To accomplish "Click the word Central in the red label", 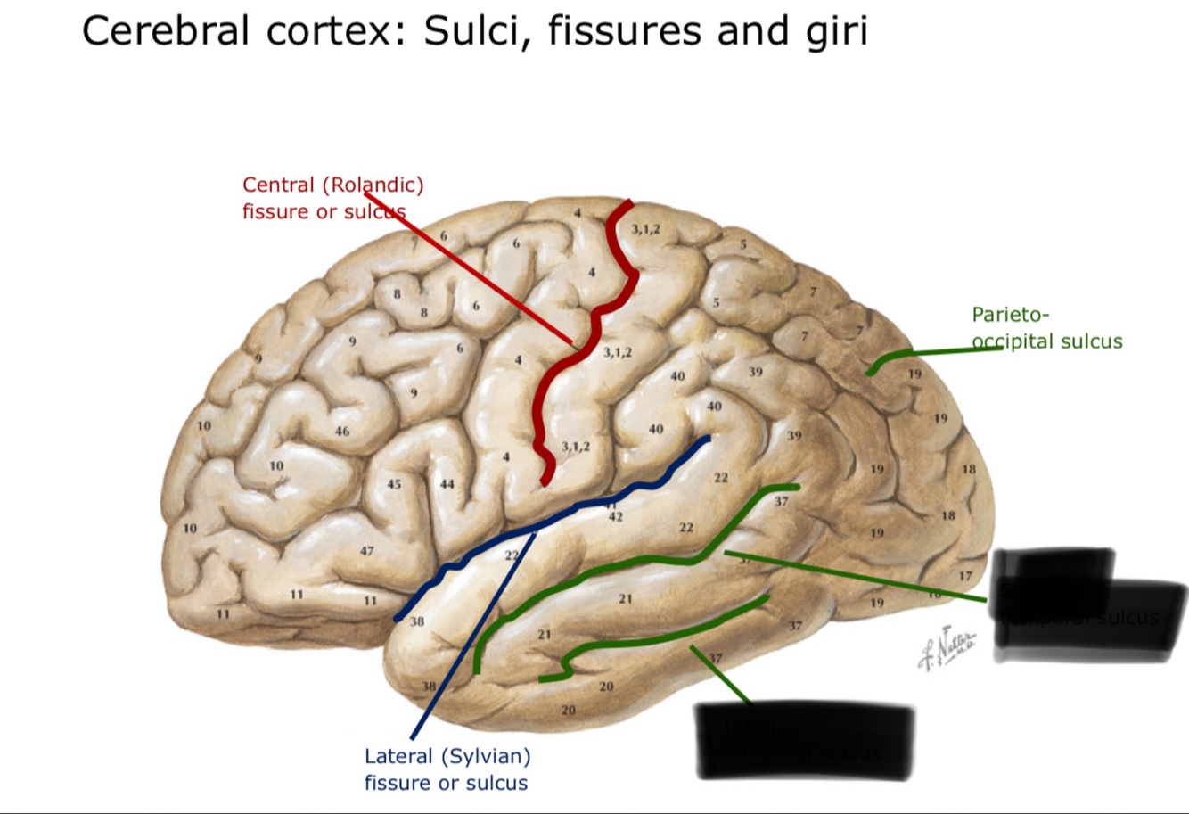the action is [x=278, y=185].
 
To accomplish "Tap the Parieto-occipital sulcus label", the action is [x=1046, y=328].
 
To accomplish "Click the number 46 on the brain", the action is [x=342, y=432].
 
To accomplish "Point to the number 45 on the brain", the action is [x=394, y=484].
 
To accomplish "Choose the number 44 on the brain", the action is [x=447, y=484].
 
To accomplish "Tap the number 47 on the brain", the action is [x=366, y=551].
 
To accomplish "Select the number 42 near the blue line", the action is [x=615, y=517].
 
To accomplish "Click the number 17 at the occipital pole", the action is [x=966, y=577].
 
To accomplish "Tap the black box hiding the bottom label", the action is [x=804, y=739].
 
